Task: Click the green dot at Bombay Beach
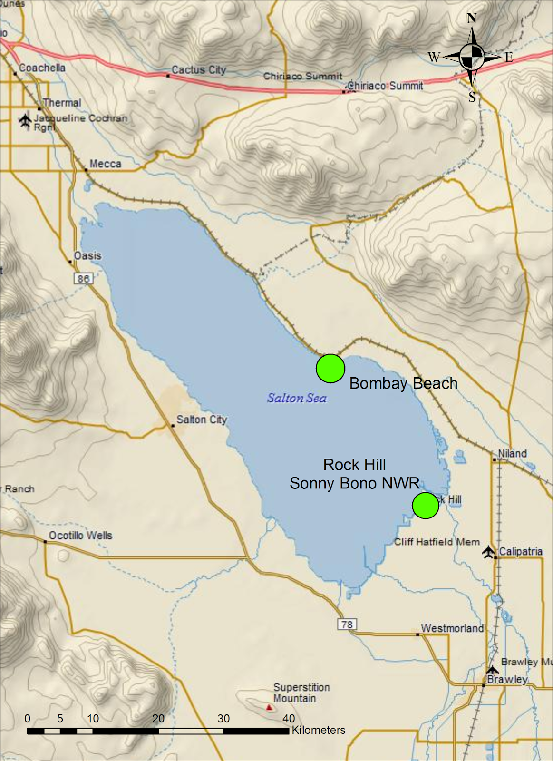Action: [330, 368]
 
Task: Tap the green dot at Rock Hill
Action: [426, 505]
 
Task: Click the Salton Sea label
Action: [297, 398]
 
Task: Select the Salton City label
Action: [202, 420]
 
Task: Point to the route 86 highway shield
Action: [83, 278]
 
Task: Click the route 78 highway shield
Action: [347, 624]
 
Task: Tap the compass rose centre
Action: [472, 57]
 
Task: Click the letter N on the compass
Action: [472, 19]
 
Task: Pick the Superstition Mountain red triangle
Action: [269, 707]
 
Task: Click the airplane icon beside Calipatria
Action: [488, 552]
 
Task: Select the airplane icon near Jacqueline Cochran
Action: [25, 120]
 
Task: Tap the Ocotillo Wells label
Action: [80, 536]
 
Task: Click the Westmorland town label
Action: [452, 628]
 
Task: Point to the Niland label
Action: [512, 453]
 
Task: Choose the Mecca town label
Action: [105, 164]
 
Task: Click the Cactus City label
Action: [199, 70]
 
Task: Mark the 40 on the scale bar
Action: [289, 718]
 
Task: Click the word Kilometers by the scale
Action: [319, 730]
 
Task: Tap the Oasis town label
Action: [87, 255]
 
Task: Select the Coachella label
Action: [42, 68]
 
